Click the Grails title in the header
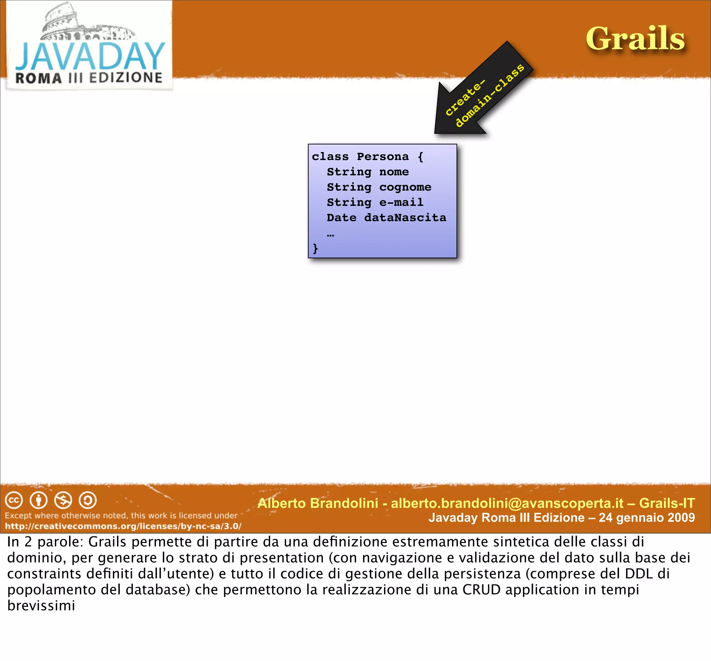click(x=635, y=39)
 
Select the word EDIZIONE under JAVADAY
click(x=126, y=78)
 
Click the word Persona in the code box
click(x=383, y=157)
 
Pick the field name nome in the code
click(x=394, y=172)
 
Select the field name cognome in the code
click(x=405, y=187)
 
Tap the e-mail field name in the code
click(x=401, y=202)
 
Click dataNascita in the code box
click(x=405, y=217)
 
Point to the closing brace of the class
click(x=315, y=248)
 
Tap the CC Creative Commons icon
click(x=14, y=500)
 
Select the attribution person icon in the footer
click(x=39, y=500)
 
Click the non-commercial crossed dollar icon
click(x=63, y=500)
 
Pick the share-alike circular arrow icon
click(x=88, y=500)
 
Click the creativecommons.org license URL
click(x=123, y=526)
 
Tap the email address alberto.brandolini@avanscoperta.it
click(x=507, y=503)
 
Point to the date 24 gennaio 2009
click(x=647, y=518)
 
